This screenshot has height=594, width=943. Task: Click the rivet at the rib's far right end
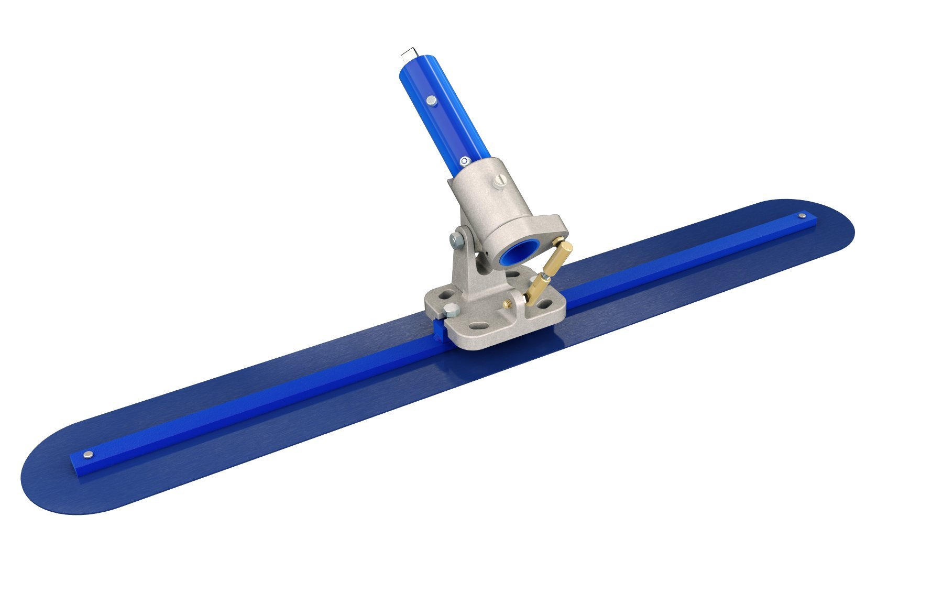pyautogui.click(x=802, y=215)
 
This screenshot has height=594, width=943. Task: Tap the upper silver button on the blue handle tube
pyautogui.click(x=431, y=100)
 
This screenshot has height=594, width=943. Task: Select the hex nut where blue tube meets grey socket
pyautogui.click(x=465, y=161)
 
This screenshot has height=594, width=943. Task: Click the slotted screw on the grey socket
pyautogui.click(x=499, y=182)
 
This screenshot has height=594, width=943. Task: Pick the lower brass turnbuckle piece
pyautogui.click(x=536, y=291)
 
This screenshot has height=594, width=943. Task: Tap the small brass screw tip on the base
pyautogui.click(x=508, y=303)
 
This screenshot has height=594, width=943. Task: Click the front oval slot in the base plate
pyautogui.click(x=477, y=326)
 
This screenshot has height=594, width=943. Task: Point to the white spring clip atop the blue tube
pyautogui.click(x=409, y=53)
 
